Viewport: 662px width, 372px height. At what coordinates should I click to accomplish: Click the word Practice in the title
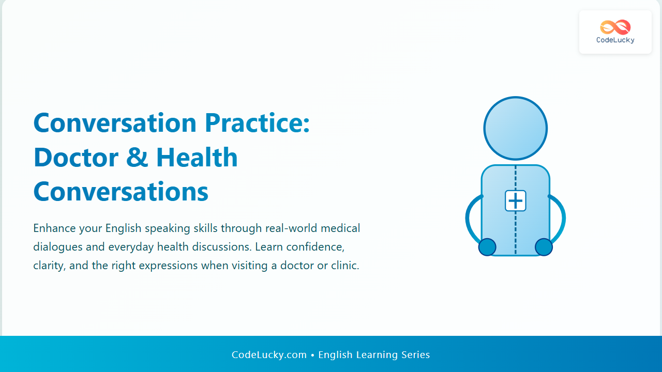(253, 123)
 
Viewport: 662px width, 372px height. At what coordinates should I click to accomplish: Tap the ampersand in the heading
(137, 158)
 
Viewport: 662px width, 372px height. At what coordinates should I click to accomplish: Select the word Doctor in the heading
(76, 158)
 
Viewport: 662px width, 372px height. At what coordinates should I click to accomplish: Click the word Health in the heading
(197, 158)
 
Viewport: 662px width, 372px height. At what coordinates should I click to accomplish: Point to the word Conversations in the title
(121, 192)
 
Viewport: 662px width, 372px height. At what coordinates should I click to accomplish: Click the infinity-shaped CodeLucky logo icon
(615, 27)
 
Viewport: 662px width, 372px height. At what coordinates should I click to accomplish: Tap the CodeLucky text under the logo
(615, 40)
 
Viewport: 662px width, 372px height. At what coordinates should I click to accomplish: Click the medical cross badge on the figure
(516, 201)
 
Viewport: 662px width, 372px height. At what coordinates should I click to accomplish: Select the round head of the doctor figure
(516, 129)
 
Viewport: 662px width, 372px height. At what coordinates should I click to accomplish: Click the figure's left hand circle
(487, 247)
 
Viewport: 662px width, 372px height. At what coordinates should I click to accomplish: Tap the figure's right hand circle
(544, 247)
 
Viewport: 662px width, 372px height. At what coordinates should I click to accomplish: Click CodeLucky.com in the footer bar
(269, 354)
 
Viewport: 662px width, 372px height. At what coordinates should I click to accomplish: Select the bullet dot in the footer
(312, 355)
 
